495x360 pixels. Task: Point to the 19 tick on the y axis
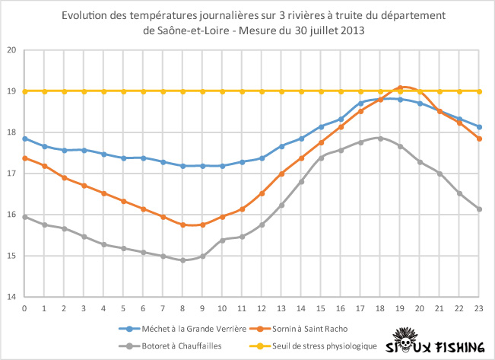11,91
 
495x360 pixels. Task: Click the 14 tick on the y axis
11,297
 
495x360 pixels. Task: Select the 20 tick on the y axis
11,50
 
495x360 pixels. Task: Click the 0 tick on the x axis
24,308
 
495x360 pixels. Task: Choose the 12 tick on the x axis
262,308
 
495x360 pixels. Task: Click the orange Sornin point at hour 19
400,88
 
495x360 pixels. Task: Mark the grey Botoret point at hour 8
182,260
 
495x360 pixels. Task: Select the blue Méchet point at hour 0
24,139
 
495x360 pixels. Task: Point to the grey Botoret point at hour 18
380,138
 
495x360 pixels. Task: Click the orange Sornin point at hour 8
182,225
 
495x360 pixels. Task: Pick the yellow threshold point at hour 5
123,91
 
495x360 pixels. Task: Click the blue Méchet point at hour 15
321,126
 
